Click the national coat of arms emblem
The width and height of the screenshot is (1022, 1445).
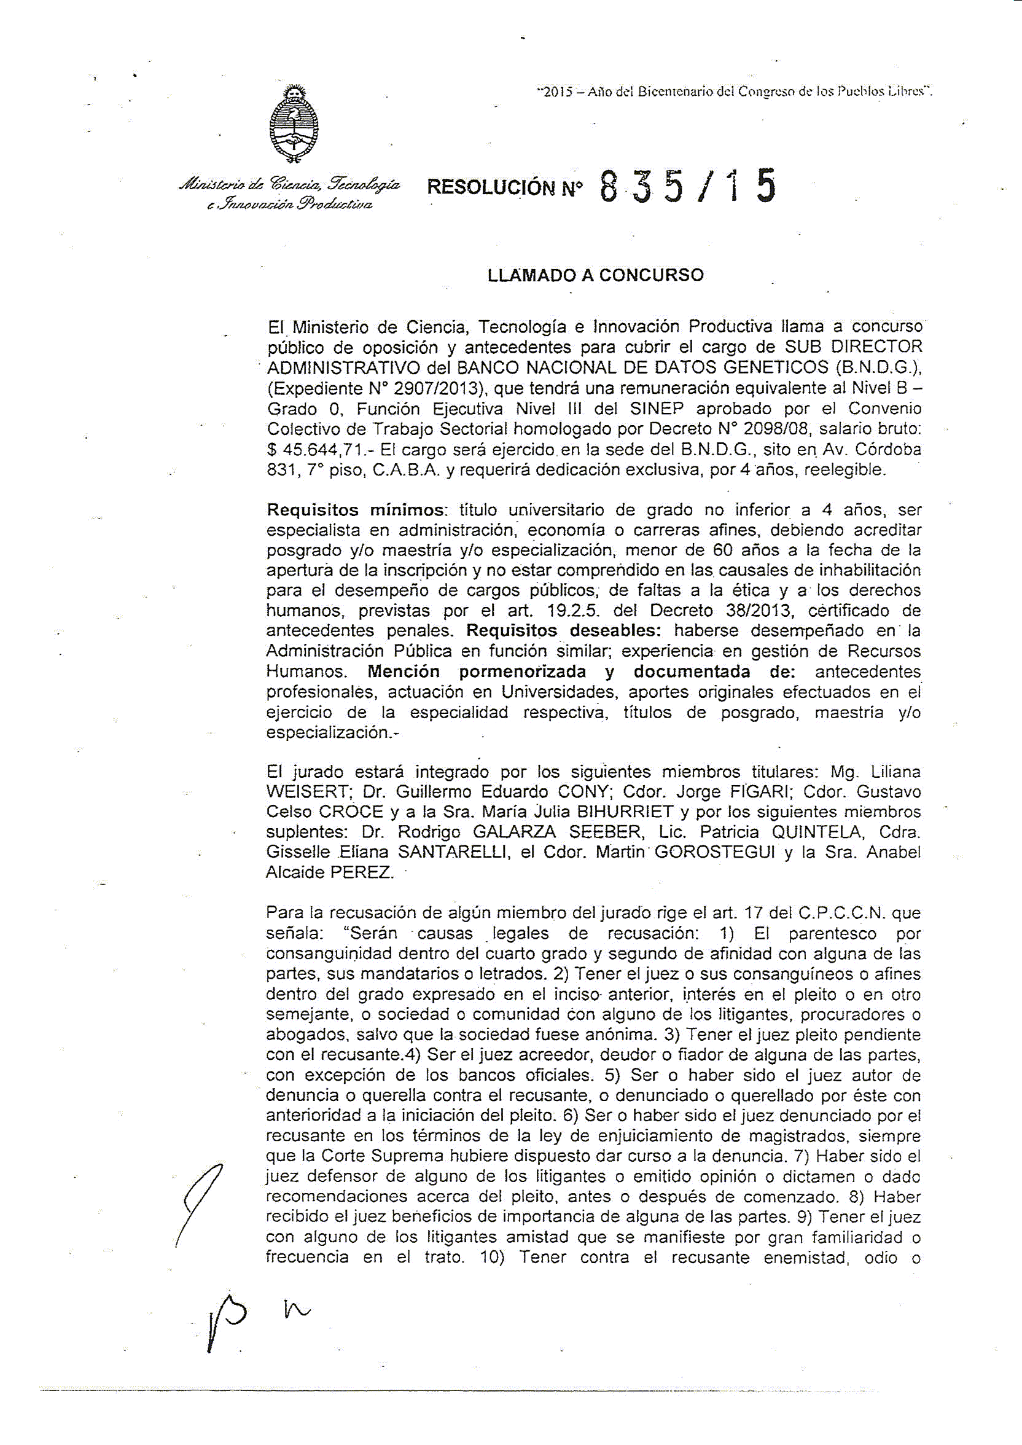(x=292, y=125)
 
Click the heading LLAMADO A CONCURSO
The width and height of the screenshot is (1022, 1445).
(x=595, y=275)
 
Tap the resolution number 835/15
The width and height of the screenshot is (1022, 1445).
(x=688, y=187)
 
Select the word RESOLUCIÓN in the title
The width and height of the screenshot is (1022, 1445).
(x=491, y=187)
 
